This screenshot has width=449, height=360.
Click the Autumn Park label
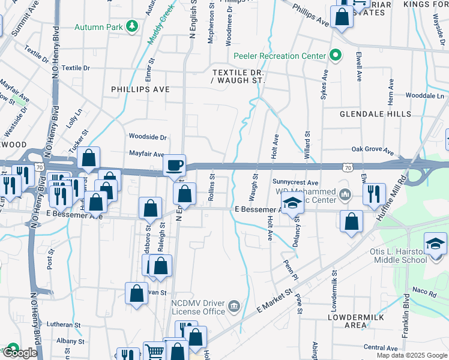click(98, 27)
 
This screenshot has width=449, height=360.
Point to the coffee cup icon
click(175, 164)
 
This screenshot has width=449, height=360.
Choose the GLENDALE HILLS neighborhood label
click(375, 113)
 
